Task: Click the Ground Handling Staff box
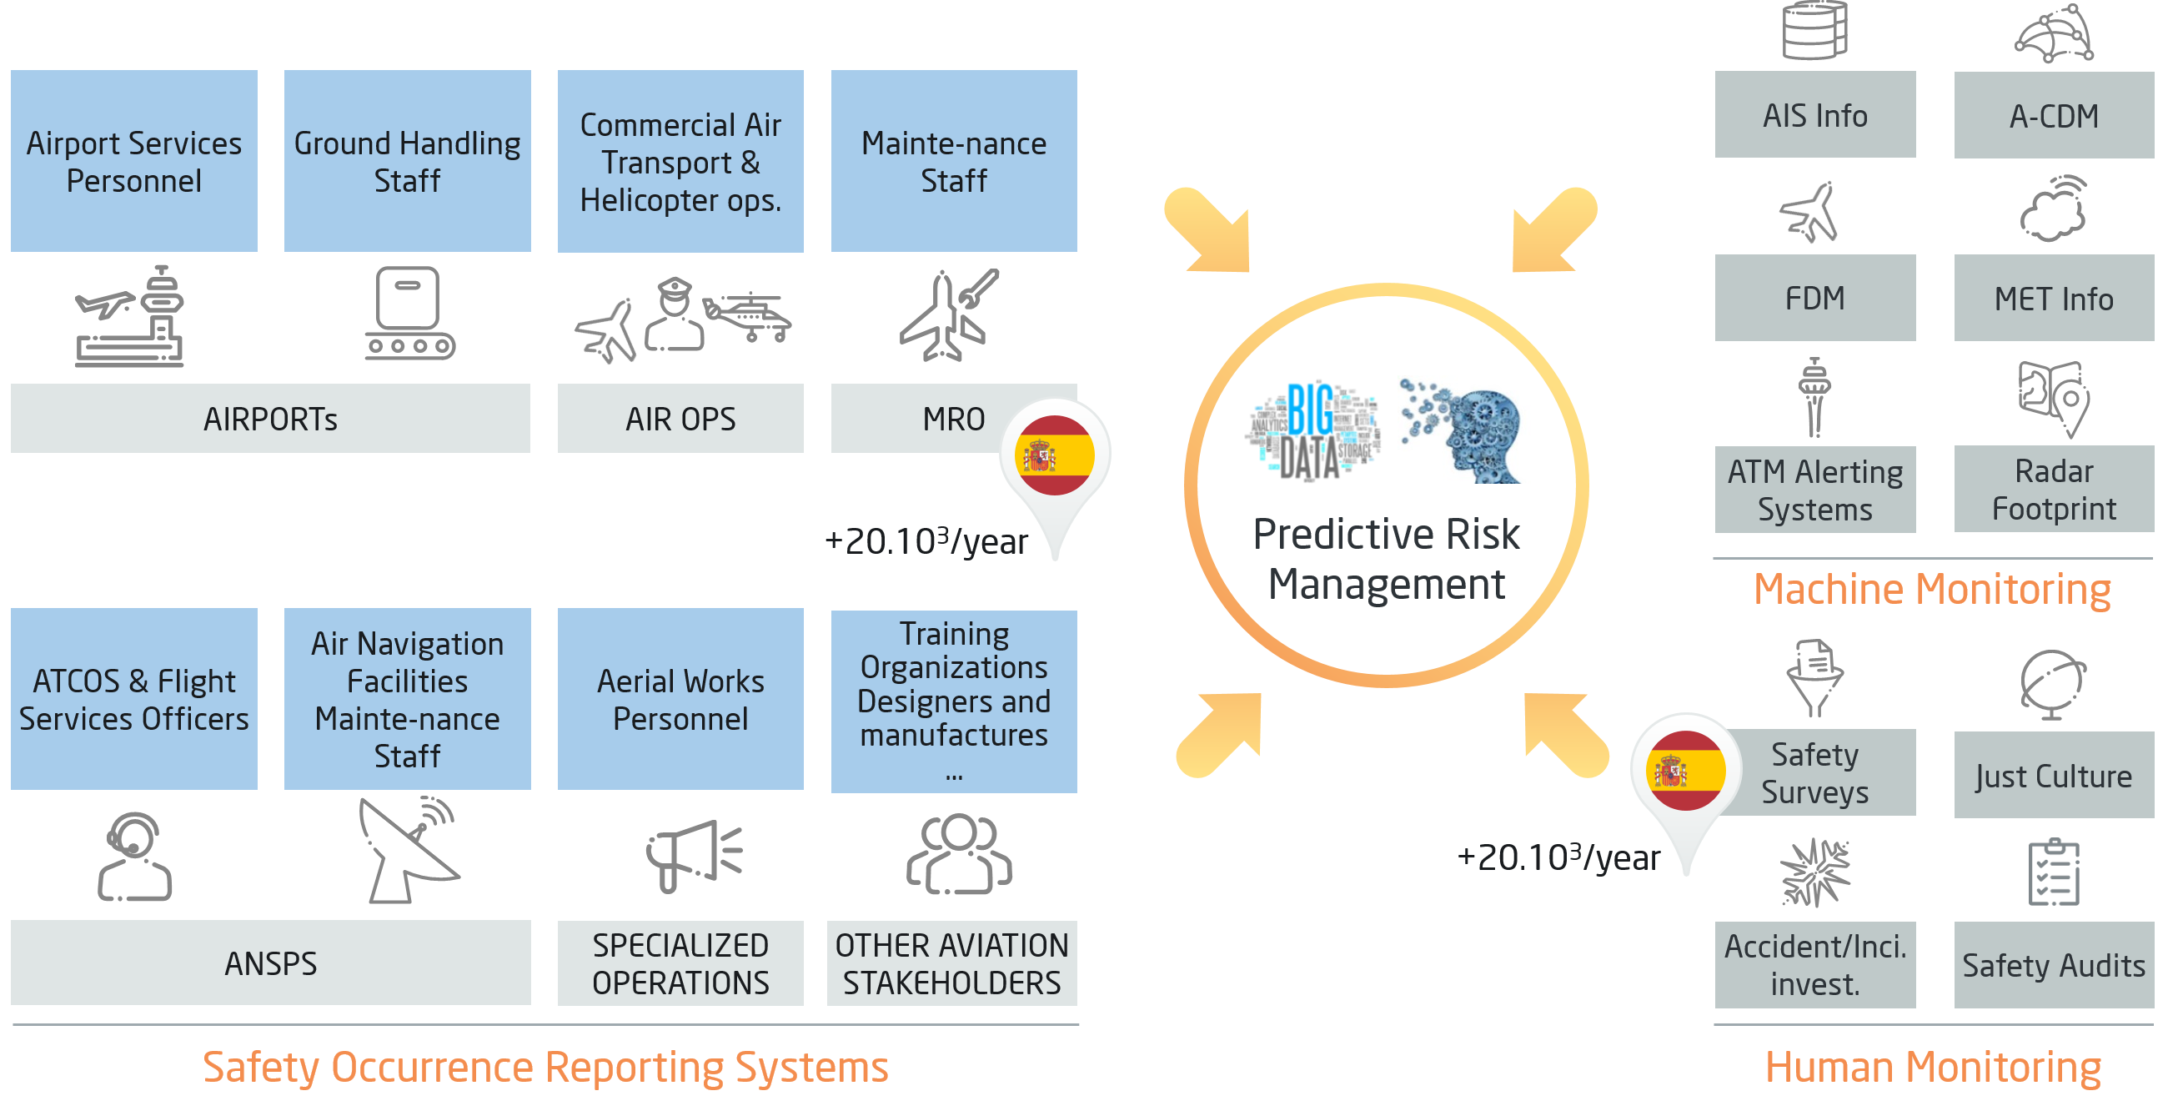pos(408,161)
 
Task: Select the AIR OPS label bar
pos(680,418)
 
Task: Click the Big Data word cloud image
pos(1312,430)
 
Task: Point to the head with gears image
pos(1463,430)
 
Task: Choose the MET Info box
pos(2053,299)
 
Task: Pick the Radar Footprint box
pos(2053,489)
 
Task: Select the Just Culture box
pos(2053,775)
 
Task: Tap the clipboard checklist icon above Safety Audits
pos(2054,872)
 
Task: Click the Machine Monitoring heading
pos(1931,589)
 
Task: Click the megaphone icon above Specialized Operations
pos(692,854)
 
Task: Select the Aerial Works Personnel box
pos(680,699)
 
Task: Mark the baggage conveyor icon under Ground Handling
pos(409,313)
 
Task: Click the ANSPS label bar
pos(270,963)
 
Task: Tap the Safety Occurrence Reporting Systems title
pos(545,1067)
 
